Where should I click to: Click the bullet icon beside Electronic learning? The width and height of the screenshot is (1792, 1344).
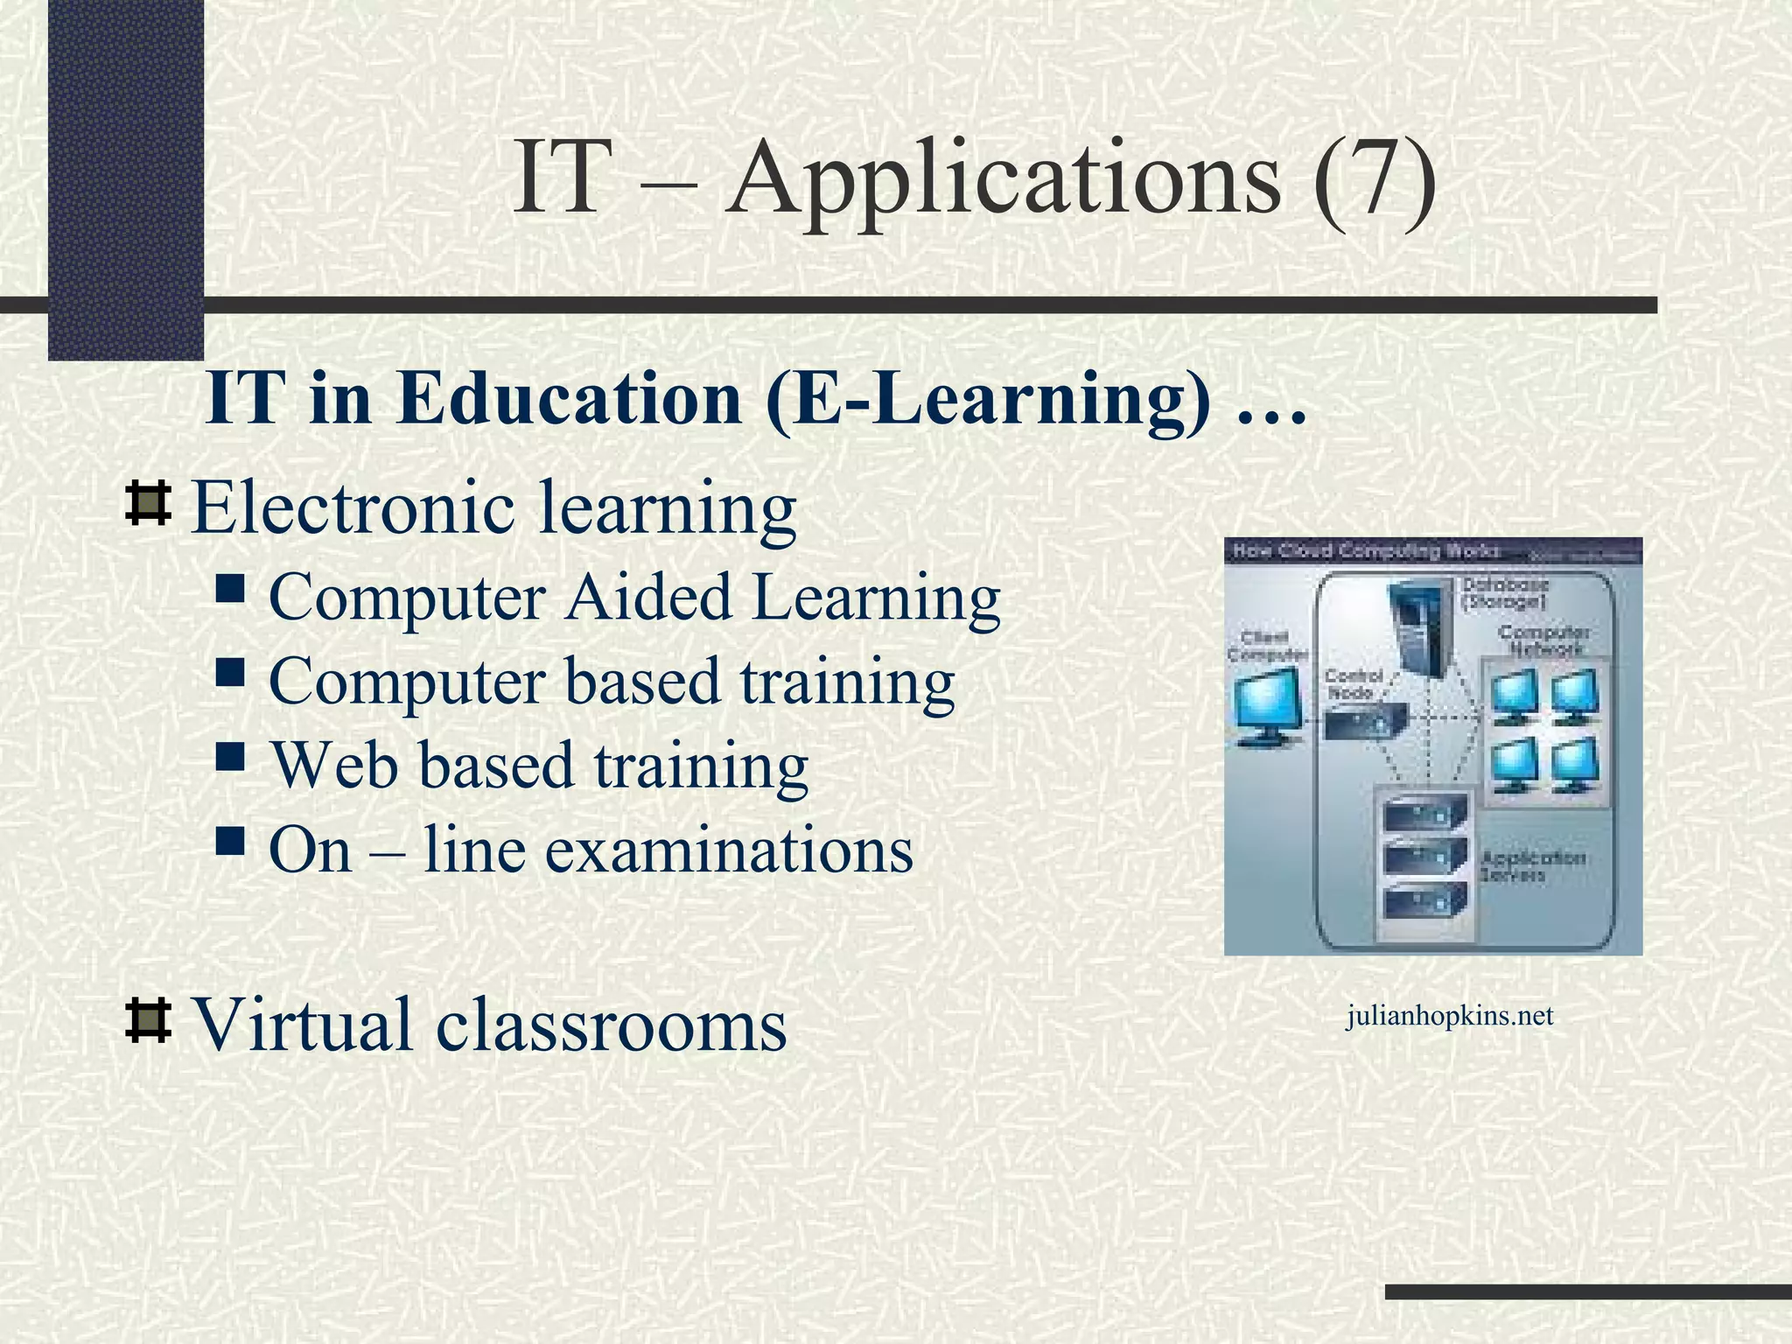(x=148, y=503)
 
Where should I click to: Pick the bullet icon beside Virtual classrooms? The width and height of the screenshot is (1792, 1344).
(x=148, y=1020)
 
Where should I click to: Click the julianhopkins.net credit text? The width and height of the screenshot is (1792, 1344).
(x=1449, y=1016)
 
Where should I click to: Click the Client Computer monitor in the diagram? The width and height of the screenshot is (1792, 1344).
(x=1265, y=707)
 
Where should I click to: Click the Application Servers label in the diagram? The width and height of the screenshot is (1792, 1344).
(x=1531, y=866)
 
